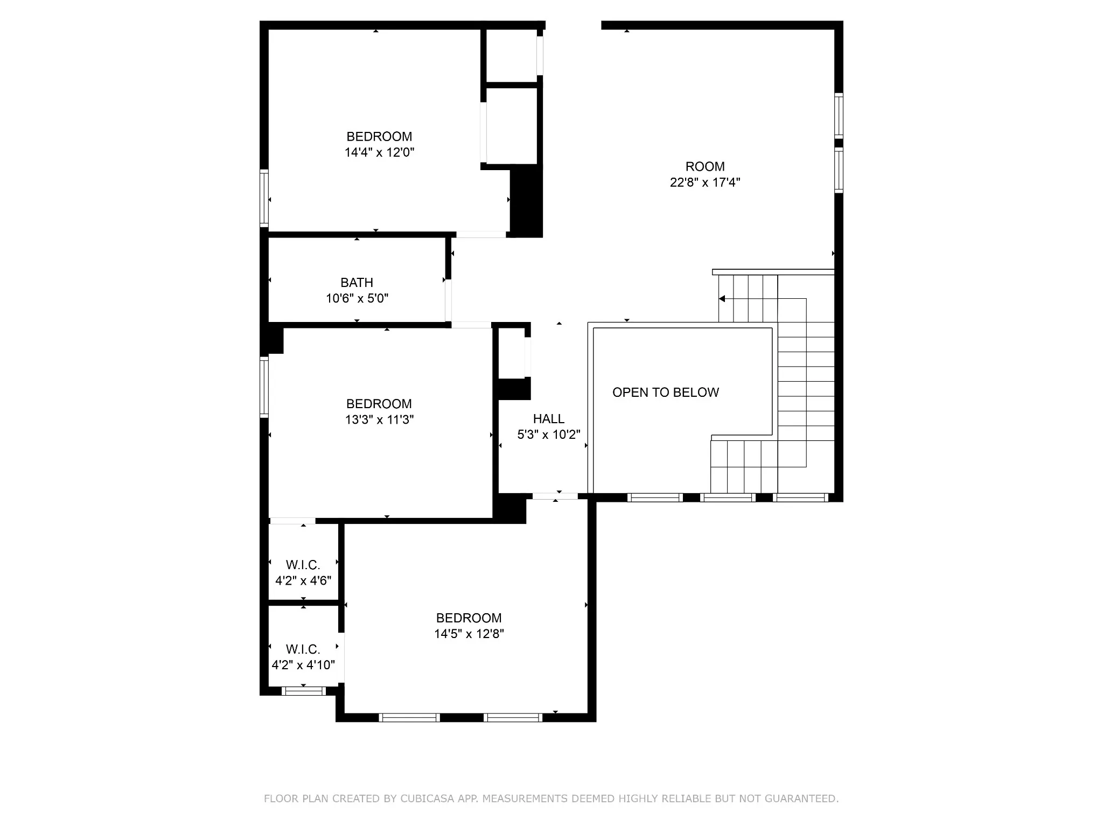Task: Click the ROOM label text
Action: [705, 166]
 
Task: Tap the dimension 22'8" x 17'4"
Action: [705, 182]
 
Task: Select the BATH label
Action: [357, 283]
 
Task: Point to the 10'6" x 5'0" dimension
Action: [357, 298]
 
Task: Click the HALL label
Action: [549, 419]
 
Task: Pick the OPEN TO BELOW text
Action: [666, 393]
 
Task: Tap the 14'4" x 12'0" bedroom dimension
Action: [380, 152]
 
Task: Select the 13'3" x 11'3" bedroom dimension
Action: [380, 419]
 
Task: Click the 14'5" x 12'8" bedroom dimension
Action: [469, 634]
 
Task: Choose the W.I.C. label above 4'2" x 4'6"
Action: [303, 565]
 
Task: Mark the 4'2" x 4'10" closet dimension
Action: [303, 665]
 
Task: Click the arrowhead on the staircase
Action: [722, 299]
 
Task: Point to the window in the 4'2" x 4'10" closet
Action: [304, 691]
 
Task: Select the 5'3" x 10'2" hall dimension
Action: [549, 434]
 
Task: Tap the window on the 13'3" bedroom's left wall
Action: [264, 387]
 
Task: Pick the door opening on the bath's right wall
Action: [448, 300]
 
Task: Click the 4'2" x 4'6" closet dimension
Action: [303, 581]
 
